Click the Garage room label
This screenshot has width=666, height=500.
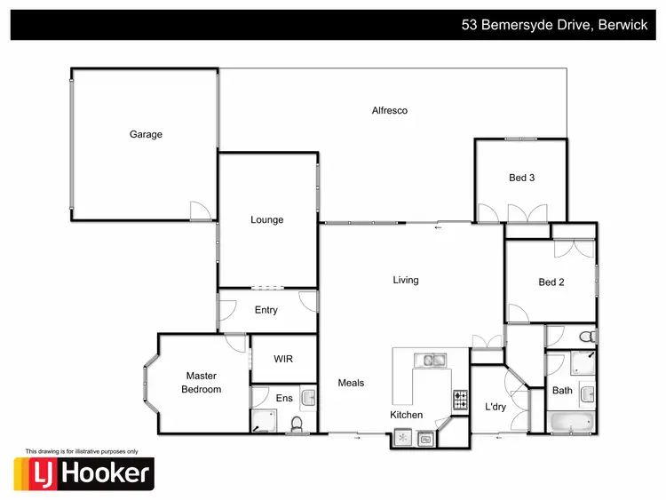click(x=146, y=135)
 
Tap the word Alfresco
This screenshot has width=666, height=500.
click(x=389, y=111)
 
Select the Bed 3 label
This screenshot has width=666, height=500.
click(x=521, y=178)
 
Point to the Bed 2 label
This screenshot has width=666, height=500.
click(x=551, y=282)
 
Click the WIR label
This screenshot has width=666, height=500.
click(x=283, y=359)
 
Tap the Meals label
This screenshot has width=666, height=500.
click(x=351, y=383)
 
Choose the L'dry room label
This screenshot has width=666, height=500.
click(x=495, y=406)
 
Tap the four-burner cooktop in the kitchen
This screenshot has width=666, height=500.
click(x=461, y=401)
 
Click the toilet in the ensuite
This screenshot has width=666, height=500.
click(x=298, y=423)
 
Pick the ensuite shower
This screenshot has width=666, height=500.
click(x=264, y=420)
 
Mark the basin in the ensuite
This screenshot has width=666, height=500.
click(x=307, y=396)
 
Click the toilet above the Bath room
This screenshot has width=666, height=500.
click(x=586, y=337)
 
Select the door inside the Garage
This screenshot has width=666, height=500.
click(x=200, y=210)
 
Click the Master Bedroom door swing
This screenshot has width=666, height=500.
click(x=235, y=344)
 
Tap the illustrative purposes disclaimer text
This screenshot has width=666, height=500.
click(x=83, y=450)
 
